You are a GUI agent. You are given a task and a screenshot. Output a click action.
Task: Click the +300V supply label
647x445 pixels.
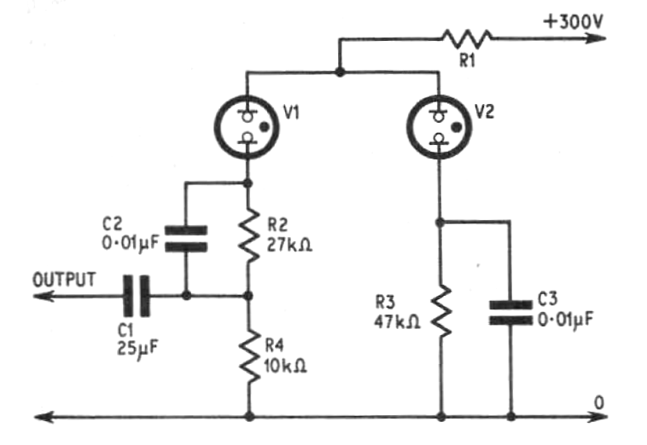(x=573, y=20)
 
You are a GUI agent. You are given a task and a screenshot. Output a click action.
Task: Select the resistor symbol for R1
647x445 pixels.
(x=466, y=38)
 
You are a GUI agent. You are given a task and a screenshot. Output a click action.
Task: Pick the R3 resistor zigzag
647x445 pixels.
(x=440, y=312)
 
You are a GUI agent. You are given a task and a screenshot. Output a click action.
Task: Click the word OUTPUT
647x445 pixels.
(x=64, y=279)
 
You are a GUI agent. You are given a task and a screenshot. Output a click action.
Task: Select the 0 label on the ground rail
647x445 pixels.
(x=597, y=401)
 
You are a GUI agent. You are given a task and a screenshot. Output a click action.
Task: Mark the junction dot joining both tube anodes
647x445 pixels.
(x=340, y=73)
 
